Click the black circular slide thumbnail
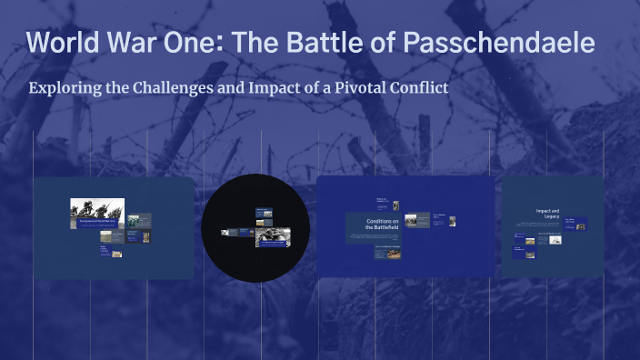pyautogui.click(x=255, y=227)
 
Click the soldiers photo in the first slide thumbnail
pyautogui.click(x=97, y=212)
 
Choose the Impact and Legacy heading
pyautogui.click(x=547, y=213)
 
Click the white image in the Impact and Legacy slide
pyautogui.click(x=555, y=240)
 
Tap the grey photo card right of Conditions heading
pyautogui.click(x=416, y=220)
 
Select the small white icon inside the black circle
pyautogui.click(x=223, y=232)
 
